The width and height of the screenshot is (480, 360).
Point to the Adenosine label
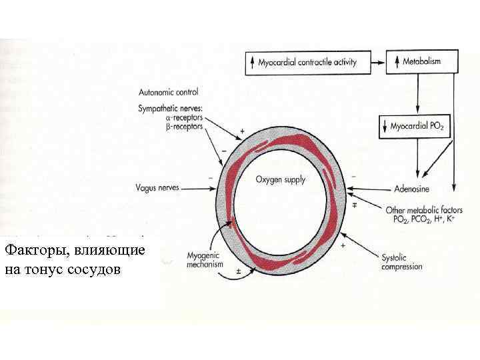click(411, 189)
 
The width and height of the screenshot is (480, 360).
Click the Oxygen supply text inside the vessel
click(281, 179)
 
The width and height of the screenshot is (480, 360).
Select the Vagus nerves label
click(155, 189)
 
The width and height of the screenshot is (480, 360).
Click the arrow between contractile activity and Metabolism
click(377, 63)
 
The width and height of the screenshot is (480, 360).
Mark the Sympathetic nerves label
click(171, 108)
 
